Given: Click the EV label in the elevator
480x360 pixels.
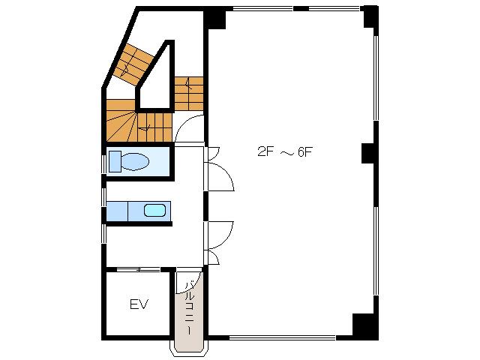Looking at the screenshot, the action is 139,304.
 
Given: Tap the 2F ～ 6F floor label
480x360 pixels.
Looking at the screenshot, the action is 285,151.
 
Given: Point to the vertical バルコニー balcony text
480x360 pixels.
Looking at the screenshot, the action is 190,307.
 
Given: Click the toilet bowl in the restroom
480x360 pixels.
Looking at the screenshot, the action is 135,161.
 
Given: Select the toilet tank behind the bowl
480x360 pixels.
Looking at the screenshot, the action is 115,161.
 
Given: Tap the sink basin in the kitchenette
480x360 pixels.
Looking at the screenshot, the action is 155,210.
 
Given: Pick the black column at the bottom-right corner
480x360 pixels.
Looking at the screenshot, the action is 364,325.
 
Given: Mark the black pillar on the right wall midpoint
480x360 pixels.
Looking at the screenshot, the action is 368,153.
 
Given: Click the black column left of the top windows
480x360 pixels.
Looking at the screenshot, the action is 215,18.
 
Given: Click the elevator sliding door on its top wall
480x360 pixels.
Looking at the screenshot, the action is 138,270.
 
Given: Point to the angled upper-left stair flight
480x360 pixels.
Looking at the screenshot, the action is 133,65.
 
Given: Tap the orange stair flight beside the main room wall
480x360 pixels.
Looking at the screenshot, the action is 189,94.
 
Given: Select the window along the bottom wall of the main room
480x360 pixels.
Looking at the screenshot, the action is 282,338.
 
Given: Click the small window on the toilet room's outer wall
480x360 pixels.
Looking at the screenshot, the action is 104,164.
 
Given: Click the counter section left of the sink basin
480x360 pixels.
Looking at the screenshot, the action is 117,211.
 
